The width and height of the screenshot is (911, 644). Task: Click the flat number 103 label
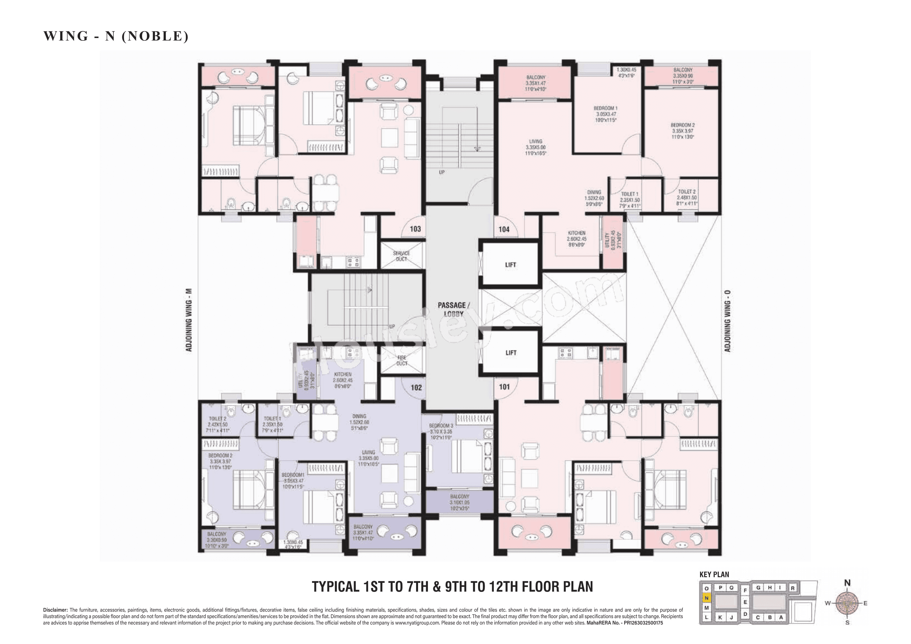415,229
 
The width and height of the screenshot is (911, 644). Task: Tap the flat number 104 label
504,229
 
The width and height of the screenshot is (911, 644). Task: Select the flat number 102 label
416,388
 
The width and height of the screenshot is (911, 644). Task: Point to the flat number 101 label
504,387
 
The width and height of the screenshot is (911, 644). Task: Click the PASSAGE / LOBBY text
454,309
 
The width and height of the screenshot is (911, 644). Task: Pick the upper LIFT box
511,265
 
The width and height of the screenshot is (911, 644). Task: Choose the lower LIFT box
511,353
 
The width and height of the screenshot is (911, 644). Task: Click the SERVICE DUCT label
401,256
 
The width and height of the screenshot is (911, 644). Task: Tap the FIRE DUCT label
402,360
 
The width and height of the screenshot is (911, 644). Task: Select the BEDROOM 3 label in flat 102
440,426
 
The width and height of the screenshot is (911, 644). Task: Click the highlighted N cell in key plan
706,598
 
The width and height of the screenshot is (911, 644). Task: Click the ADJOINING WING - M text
189,320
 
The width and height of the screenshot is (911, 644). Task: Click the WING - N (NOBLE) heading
116,36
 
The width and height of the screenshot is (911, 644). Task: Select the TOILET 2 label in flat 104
687,192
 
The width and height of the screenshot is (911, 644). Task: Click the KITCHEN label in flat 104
576,233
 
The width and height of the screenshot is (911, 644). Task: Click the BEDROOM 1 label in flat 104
606,108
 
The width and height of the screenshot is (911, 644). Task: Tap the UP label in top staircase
442,172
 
